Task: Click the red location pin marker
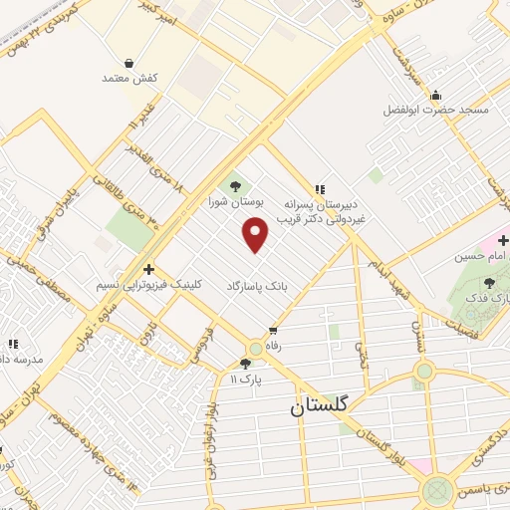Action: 257,235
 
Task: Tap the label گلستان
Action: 322,406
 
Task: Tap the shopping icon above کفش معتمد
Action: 129,62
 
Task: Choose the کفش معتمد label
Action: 129,78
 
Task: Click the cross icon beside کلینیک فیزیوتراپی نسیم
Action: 148,268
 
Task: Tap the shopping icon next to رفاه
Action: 272,331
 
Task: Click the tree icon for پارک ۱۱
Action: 245,364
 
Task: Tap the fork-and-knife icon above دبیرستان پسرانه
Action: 319,188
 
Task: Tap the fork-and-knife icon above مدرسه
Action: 11,343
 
